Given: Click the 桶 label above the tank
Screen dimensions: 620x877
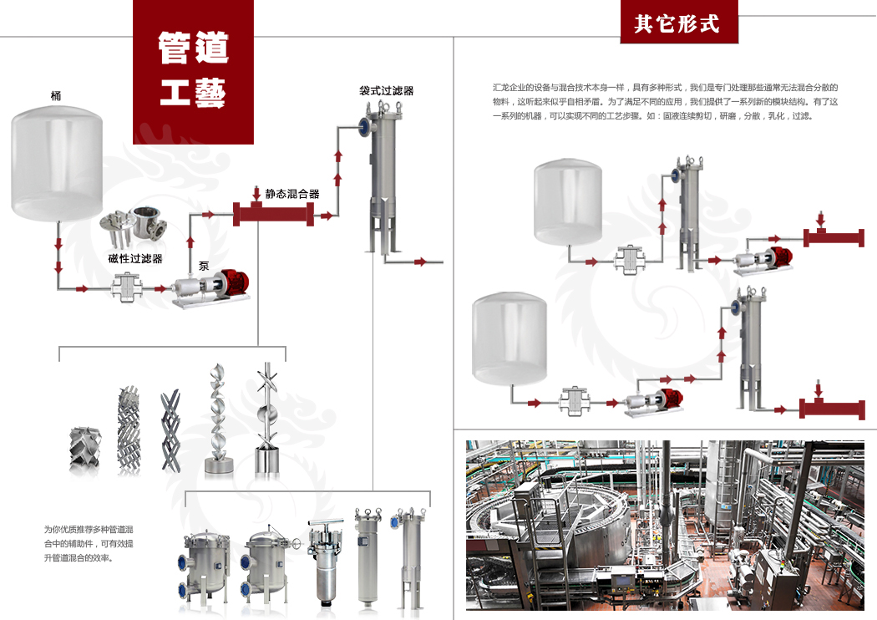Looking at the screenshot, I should (x=56, y=96).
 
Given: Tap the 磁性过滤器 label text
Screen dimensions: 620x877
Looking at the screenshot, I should (x=135, y=259).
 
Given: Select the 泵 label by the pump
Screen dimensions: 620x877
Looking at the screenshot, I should (x=204, y=267).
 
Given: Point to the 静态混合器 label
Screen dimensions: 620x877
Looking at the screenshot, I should (x=292, y=194).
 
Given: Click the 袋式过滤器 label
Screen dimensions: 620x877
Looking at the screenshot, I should (x=387, y=90).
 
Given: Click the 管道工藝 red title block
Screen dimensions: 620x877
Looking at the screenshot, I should (x=193, y=70).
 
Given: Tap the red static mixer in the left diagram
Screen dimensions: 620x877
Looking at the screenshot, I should (x=273, y=215).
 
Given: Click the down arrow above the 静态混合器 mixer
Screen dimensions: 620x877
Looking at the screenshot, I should (x=256, y=195).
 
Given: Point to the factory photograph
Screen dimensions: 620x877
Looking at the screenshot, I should (x=664, y=524).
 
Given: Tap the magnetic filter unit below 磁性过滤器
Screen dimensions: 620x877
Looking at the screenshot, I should (x=128, y=290).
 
